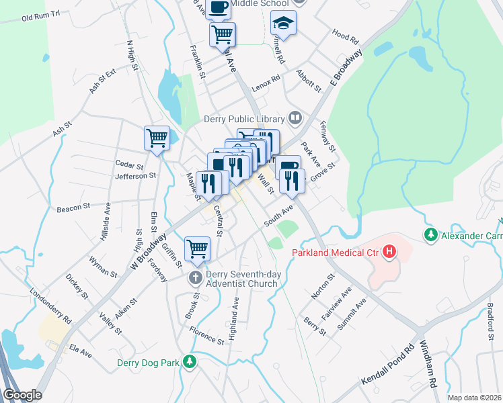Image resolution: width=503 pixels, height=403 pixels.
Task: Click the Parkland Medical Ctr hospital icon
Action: (389, 253)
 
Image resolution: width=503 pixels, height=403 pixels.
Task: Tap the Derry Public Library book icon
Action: (295, 119)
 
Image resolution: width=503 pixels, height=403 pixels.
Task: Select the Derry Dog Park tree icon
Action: (191, 362)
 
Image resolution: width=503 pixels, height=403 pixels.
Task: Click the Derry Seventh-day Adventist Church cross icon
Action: (196, 277)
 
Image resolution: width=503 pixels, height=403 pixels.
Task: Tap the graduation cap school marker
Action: (283, 23)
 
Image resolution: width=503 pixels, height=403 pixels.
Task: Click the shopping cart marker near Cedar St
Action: (157, 138)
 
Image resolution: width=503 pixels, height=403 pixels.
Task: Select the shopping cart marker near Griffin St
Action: (198, 248)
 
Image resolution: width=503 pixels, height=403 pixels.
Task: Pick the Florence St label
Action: (206, 337)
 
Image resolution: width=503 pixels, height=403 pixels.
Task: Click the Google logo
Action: (22, 395)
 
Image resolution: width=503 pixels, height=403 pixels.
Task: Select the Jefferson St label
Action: (135, 176)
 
